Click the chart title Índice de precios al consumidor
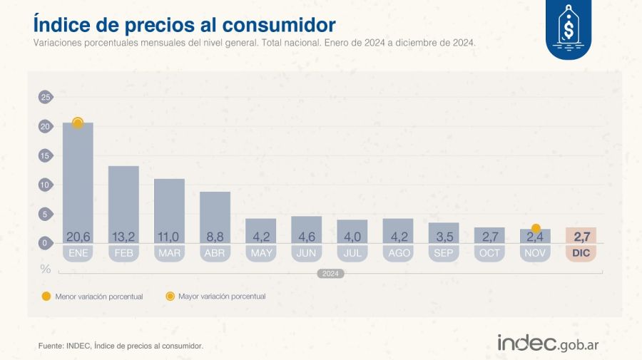[184, 24]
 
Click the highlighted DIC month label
[581, 253]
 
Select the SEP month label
[443, 253]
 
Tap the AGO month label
[397, 253]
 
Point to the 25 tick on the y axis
[46, 98]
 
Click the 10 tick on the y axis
[46, 185]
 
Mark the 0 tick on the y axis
[46, 243]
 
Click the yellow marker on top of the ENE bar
[78, 123]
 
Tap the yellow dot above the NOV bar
[536, 228]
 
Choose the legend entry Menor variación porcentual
[93, 296]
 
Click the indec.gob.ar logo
[547, 343]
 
